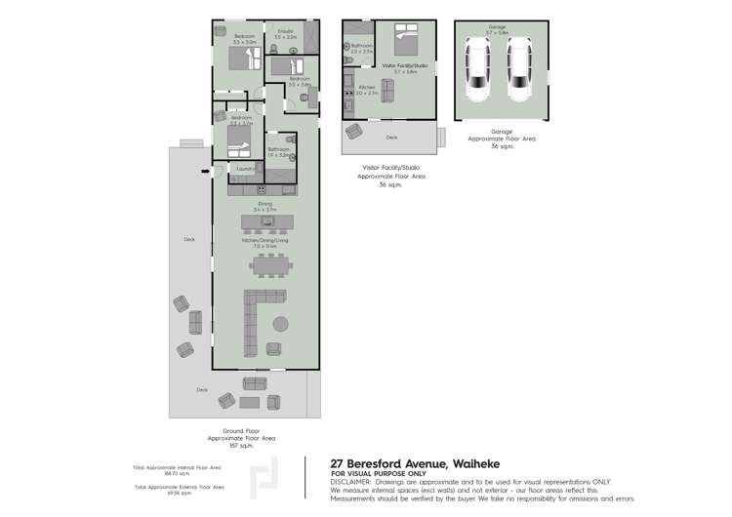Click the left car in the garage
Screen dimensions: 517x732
point(478,70)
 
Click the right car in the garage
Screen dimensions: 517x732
point(519,70)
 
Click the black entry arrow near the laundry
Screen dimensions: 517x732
point(205,173)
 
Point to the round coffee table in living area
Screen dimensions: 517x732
point(280,324)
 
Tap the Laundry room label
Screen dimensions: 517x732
point(245,168)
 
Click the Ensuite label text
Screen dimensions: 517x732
point(286,31)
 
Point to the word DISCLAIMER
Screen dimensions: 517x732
point(350,481)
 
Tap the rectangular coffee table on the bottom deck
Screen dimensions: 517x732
point(251,402)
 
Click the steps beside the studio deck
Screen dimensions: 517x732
point(443,134)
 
